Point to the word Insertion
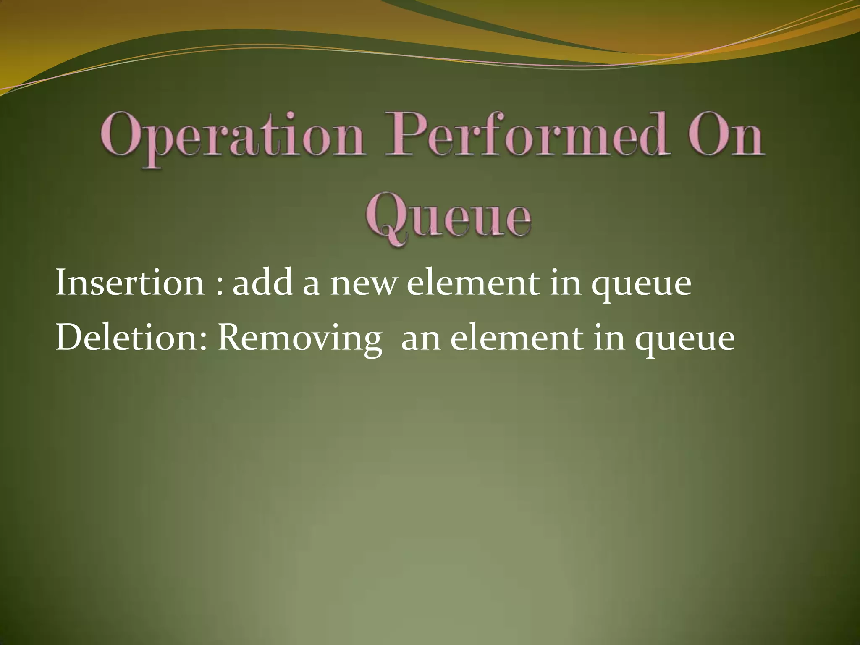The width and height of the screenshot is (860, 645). [130, 283]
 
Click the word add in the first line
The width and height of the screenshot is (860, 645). [262, 283]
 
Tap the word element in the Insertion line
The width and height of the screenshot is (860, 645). [473, 283]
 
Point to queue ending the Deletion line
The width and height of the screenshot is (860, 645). [684, 342]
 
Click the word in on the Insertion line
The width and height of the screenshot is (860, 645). [566, 283]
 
